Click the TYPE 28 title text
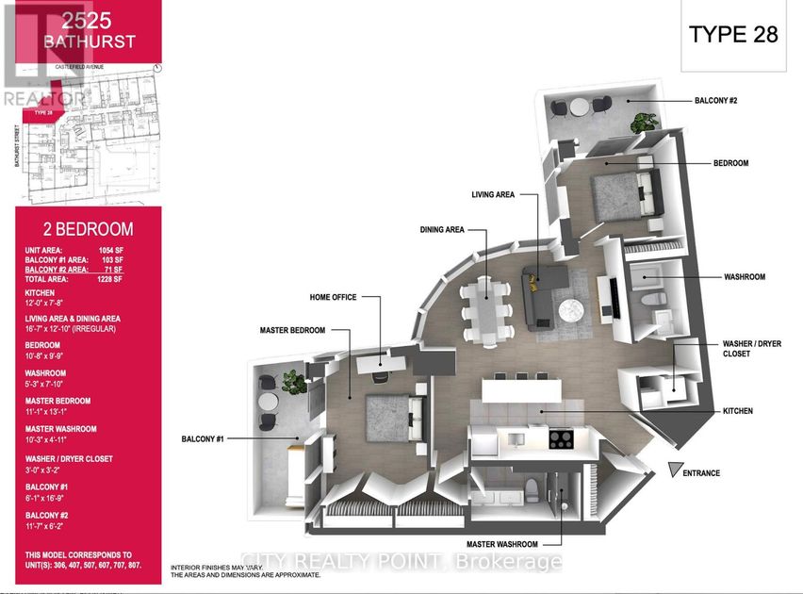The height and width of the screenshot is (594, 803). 733,35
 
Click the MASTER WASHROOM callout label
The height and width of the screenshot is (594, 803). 501,544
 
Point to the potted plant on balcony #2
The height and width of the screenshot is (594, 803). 646,122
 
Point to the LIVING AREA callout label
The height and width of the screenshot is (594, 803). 493,194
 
